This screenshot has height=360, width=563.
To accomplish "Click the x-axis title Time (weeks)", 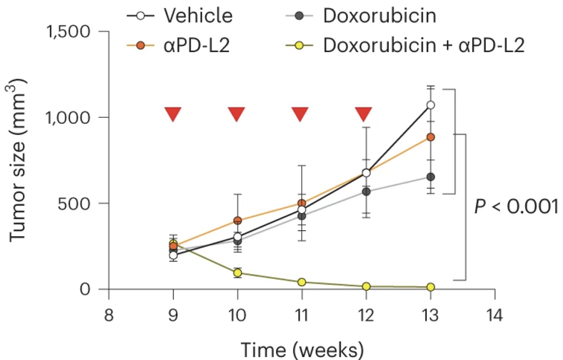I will click(x=302, y=348).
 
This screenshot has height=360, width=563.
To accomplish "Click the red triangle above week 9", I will click(x=173, y=114).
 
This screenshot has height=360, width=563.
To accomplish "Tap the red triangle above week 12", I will click(x=364, y=114).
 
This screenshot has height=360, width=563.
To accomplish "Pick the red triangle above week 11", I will click(x=301, y=114).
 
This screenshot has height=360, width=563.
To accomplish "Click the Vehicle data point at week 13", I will click(x=431, y=105).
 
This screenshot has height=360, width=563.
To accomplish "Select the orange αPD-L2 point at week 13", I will click(x=431, y=137).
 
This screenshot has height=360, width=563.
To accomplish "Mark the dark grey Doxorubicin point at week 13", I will click(x=431, y=177).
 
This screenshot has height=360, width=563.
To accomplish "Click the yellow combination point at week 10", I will click(x=238, y=273).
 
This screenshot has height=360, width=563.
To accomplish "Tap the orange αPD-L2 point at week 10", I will click(x=238, y=220).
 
